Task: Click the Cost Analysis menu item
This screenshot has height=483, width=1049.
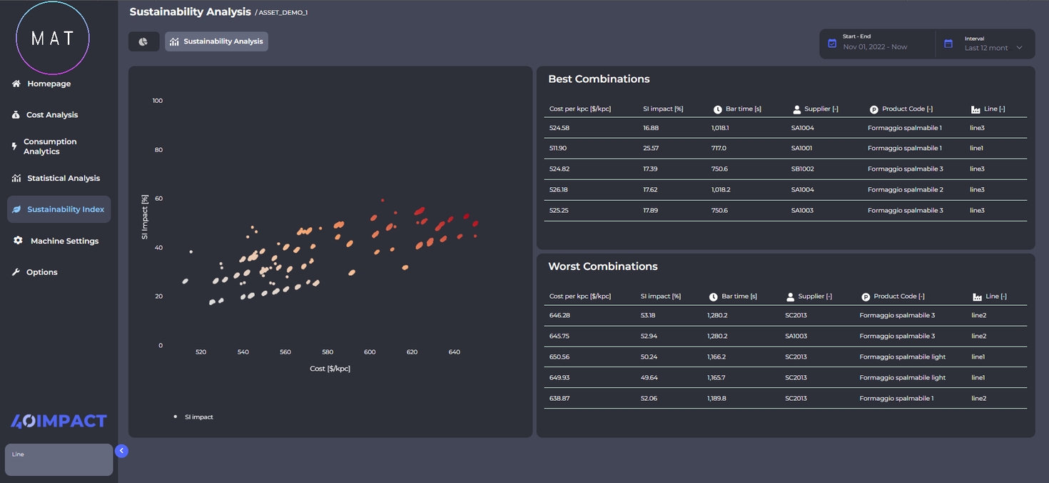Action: (51, 115)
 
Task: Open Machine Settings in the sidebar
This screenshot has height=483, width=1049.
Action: (64, 241)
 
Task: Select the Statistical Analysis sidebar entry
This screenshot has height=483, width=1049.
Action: (63, 179)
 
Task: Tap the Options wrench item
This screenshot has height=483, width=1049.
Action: (41, 272)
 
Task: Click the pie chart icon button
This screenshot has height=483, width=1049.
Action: (143, 41)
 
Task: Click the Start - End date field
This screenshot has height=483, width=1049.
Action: (875, 43)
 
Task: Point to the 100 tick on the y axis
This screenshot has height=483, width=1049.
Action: (158, 101)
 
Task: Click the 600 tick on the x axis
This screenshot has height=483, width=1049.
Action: (370, 352)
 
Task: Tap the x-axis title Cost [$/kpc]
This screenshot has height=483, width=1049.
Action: (330, 369)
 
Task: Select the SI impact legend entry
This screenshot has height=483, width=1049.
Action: (198, 417)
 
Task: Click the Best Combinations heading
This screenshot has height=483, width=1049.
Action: (599, 79)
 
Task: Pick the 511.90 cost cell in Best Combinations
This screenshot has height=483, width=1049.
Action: (558, 149)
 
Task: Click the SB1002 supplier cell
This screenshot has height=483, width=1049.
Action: (802, 169)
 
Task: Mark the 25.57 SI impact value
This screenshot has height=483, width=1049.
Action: (651, 149)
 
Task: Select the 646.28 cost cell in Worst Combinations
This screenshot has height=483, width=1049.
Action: (559, 315)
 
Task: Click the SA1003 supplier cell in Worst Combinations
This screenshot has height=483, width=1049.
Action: (796, 336)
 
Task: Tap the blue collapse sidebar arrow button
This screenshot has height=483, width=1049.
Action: (121, 451)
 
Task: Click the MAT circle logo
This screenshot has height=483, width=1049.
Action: (53, 39)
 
